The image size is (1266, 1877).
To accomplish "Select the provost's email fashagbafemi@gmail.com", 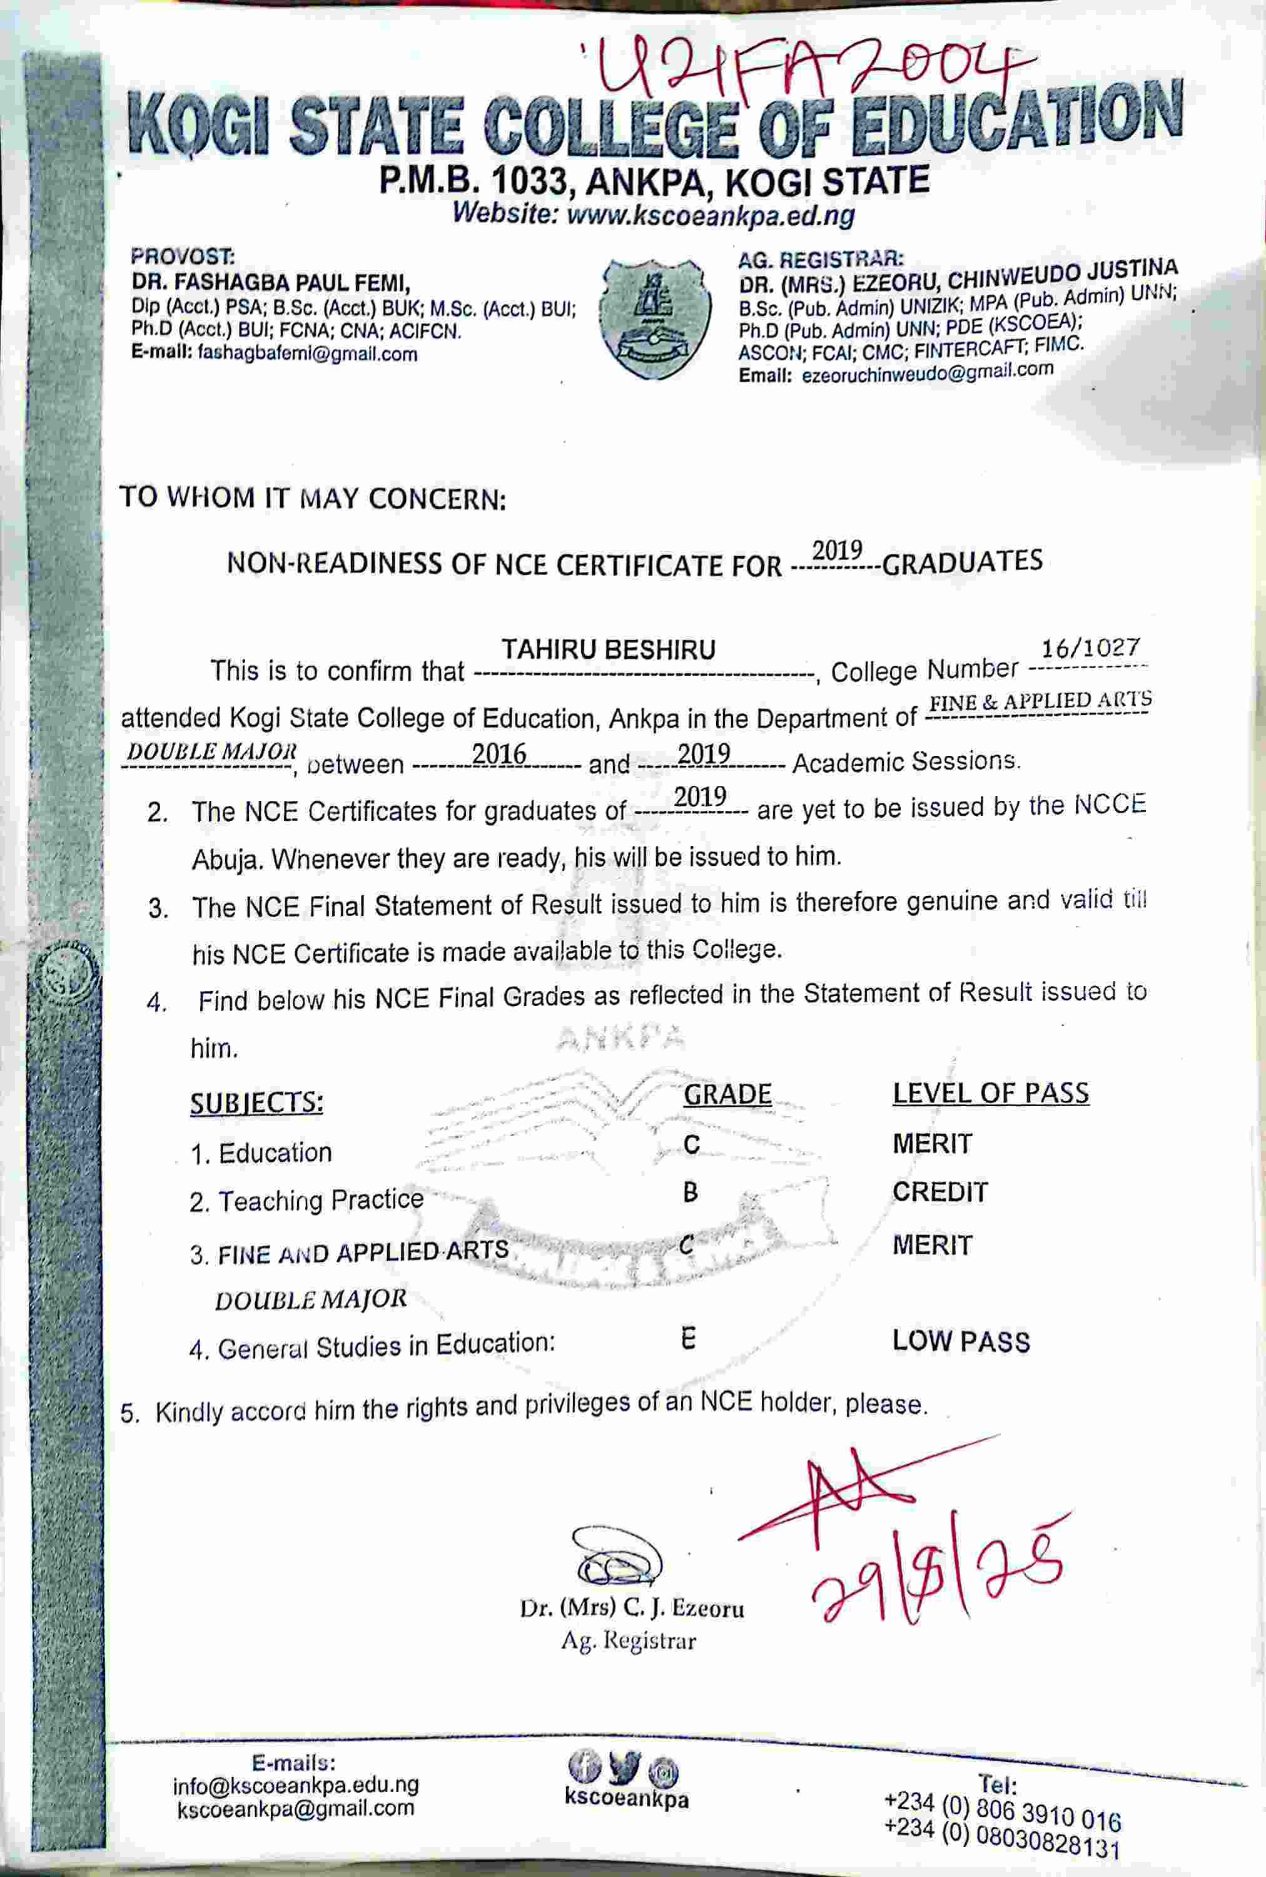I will pyautogui.click(x=307, y=354).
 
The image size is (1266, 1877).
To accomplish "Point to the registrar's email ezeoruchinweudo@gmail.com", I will pyautogui.click(x=927, y=372).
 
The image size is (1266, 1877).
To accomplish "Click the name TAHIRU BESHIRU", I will pyautogui.click(x=608, y=650).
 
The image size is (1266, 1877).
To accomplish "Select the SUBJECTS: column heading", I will pyautogui.click(x=256, y=1102).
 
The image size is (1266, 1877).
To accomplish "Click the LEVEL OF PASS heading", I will pyautogui.click(x=990, y=1093).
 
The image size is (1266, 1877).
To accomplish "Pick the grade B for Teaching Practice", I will pyautogui.click(x=691, y=1192).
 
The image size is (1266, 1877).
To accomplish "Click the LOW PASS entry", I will pyautogui.click(x=961, y=1341).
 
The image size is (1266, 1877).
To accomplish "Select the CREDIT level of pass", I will pyautogui.click(x=940, y=1192).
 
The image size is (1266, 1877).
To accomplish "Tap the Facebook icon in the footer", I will pyautogui.click(x=584, y=1767).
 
